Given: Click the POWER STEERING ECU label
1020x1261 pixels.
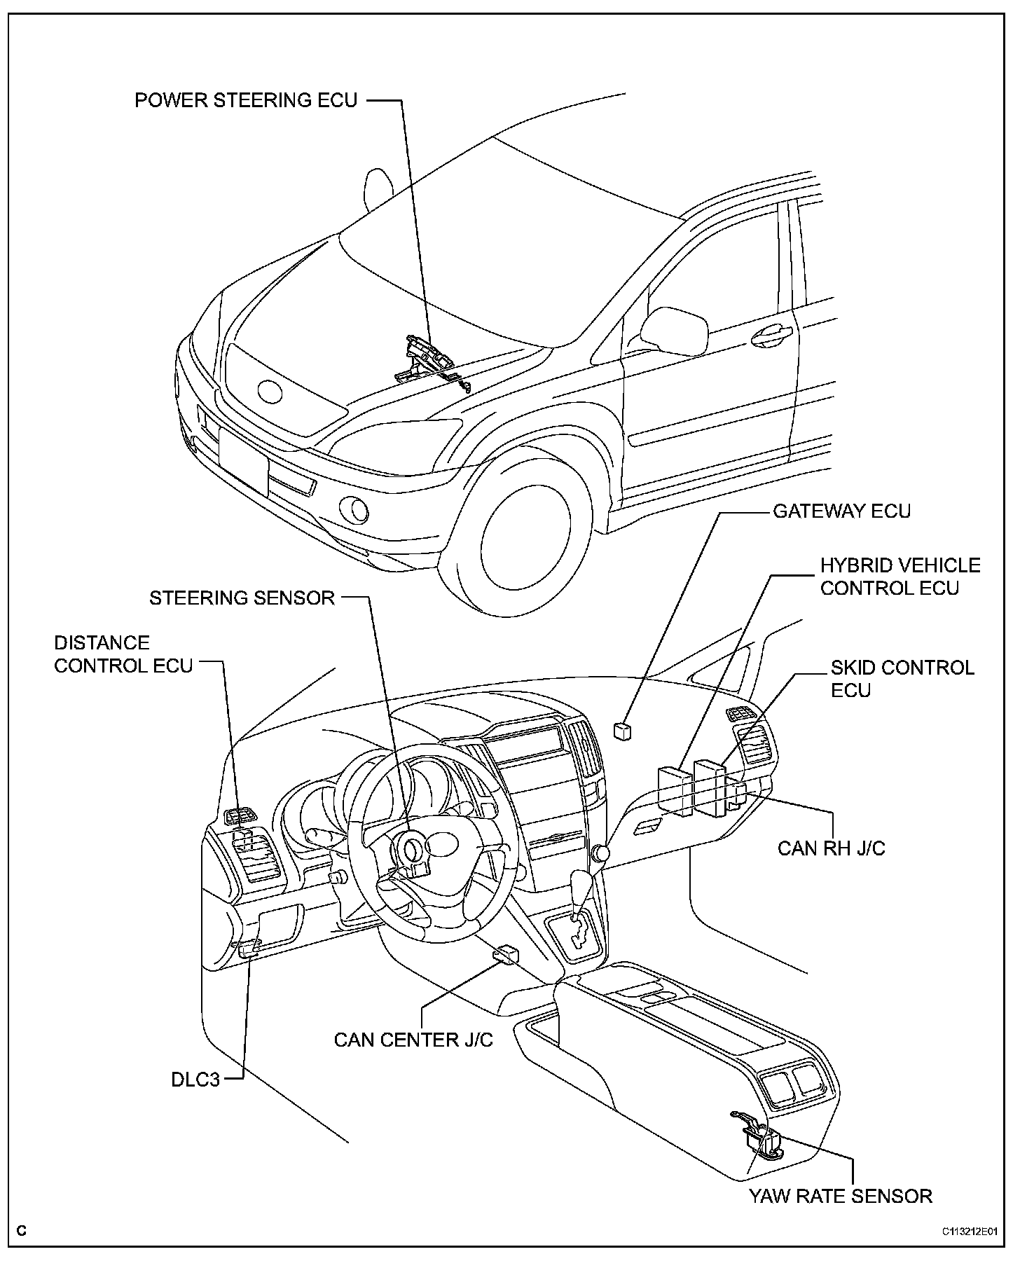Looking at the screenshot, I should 245,100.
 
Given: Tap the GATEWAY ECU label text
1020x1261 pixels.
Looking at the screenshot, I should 841,511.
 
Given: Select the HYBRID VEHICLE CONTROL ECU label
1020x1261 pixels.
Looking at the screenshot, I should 900,576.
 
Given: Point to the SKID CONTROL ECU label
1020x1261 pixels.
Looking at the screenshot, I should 902,678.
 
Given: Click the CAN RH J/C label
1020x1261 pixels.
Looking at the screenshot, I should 832,848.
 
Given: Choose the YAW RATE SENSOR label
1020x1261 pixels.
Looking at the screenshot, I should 841,1195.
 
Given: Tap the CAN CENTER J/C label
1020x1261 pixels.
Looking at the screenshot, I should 413,1039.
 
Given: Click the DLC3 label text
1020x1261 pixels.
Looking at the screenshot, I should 195,1080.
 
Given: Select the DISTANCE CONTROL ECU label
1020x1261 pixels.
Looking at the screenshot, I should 123,654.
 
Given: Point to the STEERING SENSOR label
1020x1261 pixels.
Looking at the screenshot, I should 242,598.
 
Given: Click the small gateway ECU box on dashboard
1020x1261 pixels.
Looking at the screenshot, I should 621,730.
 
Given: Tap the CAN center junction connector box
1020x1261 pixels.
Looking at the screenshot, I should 506,953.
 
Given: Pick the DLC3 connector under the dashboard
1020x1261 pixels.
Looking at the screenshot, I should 249,949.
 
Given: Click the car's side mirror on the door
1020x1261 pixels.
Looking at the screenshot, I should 675,329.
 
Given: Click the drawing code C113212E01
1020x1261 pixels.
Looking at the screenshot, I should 970,1232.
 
